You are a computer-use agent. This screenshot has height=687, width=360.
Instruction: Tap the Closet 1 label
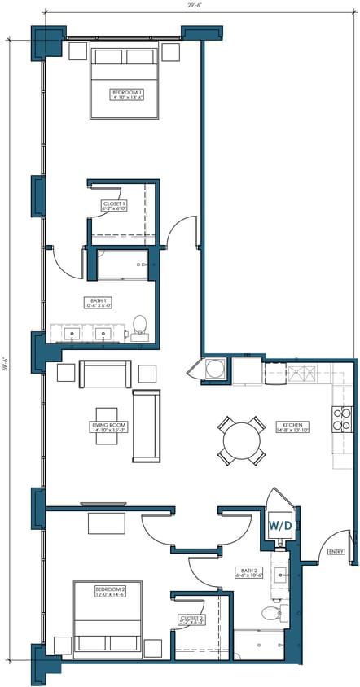[112, 206]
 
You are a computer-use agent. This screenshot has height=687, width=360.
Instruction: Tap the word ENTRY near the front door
[335, 551]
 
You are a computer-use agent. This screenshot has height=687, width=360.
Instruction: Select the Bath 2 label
[248, 572]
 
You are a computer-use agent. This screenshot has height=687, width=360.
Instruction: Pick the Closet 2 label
[191, 620]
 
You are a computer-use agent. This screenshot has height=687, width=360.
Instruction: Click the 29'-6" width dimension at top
[194, 6]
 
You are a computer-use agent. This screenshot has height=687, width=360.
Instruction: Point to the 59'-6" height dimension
[6, 361]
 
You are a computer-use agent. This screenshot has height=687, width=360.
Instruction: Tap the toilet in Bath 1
[139, 326]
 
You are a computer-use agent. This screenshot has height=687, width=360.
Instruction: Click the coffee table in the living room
[108, 425]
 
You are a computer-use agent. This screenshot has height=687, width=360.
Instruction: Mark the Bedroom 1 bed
[125, 85]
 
